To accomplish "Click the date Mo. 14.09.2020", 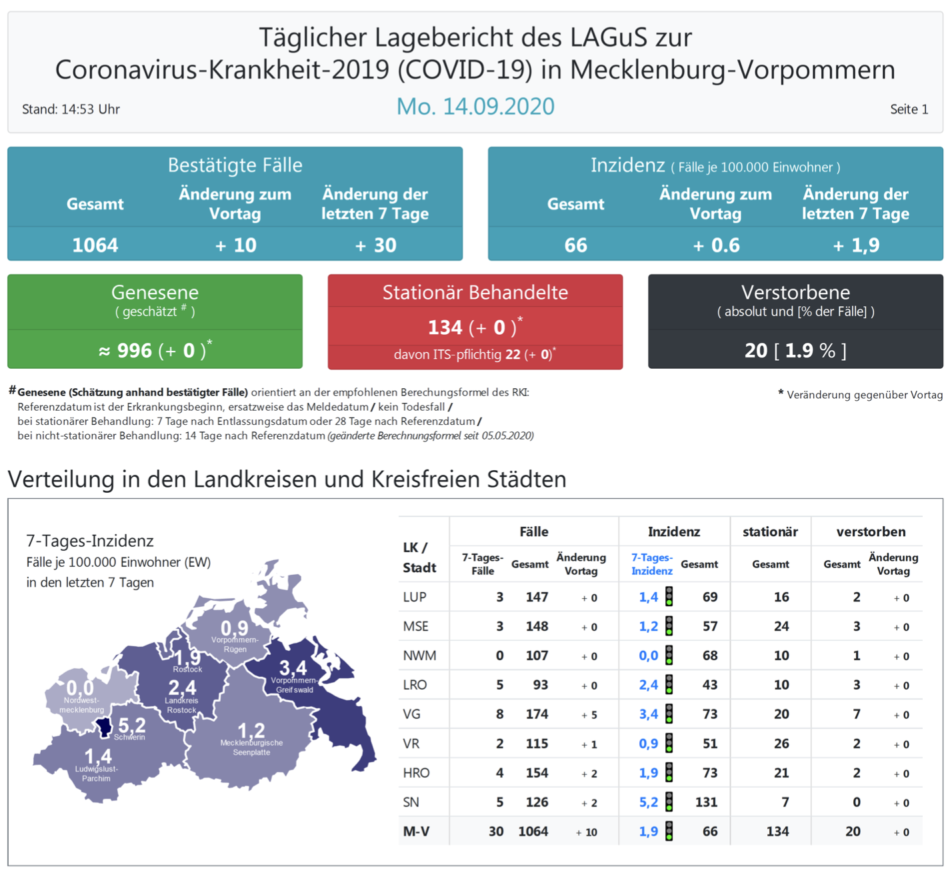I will point(475,107).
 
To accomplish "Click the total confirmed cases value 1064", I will point(95,245).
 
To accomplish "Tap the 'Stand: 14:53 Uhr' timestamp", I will point(71,109).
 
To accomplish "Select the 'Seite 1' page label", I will point(909,109).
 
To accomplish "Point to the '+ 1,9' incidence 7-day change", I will point(856,245).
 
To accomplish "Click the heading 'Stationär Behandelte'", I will point(475,292).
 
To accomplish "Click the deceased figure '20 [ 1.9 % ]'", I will point(795,351).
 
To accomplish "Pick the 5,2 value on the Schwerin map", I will point(132,724).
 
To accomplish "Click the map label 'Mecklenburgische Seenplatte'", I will point(251,748).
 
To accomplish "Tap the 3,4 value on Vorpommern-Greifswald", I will point(293,668).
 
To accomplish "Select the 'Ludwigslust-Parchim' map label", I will point(97,774).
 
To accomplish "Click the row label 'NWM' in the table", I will point(419,656).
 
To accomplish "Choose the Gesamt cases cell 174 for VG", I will point(537,714).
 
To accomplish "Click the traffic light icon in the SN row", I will point(669,802).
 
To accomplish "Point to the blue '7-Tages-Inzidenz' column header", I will point(651,564).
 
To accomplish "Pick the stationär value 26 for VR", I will point(781,744).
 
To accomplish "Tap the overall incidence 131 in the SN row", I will point(706,802).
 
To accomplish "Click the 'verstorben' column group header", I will point(871,532).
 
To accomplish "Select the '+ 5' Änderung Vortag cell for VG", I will point(589,715).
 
